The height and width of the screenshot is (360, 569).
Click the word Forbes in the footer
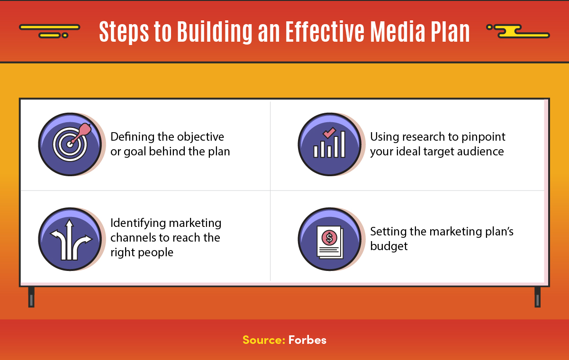(307, 340)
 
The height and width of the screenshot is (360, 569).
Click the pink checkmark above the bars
(329, 133)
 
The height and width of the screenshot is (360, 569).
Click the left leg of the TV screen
(31, 297)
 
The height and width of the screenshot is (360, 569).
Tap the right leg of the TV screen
(537, 297)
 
